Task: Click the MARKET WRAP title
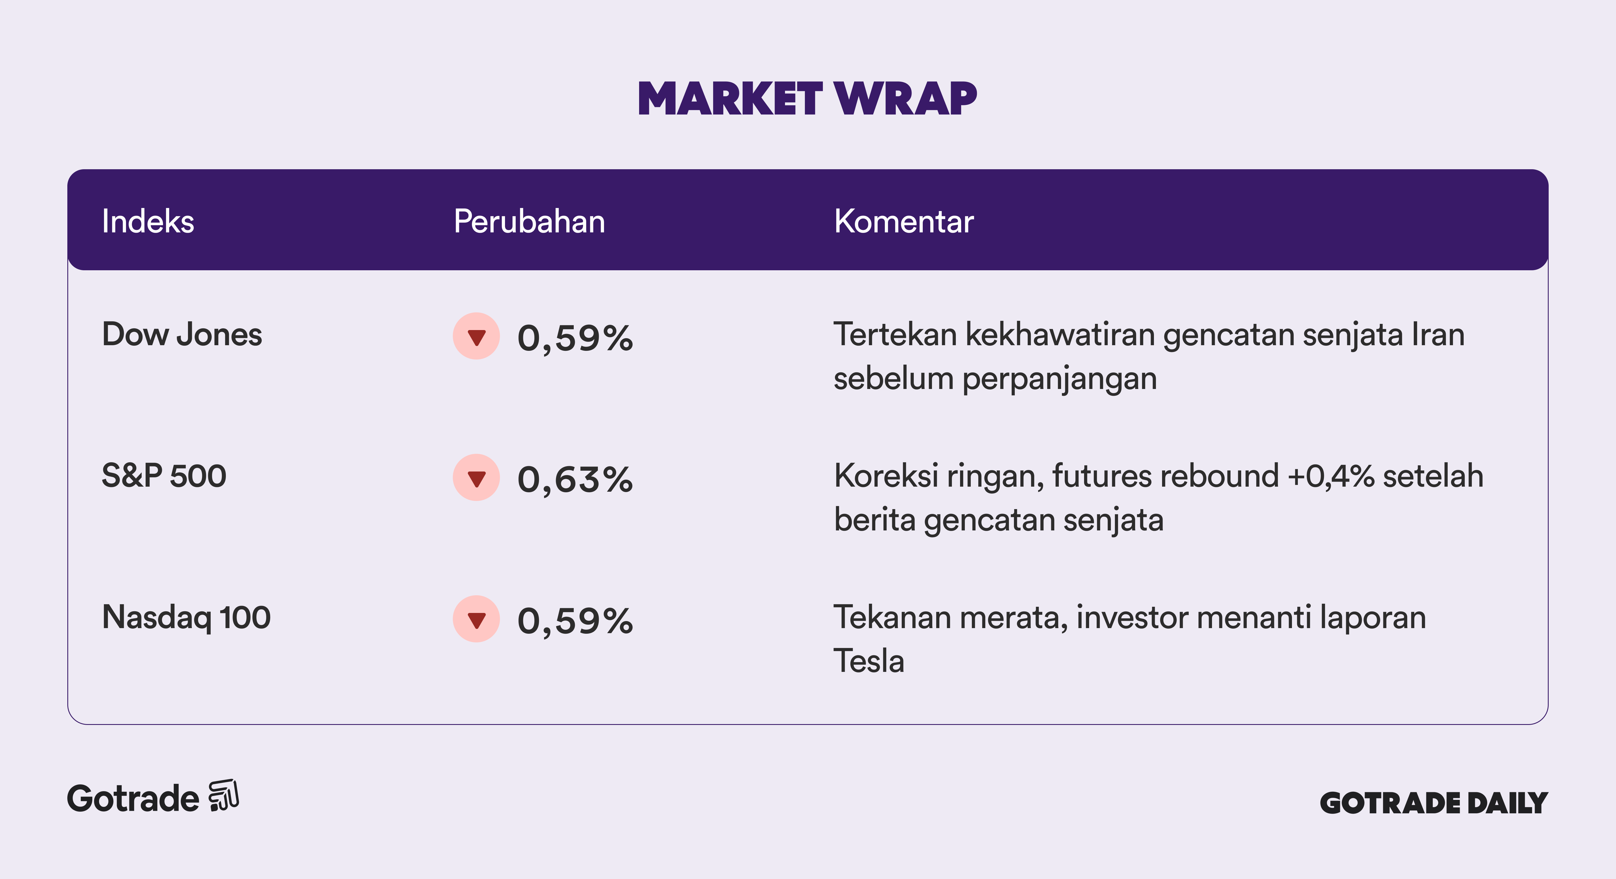pyautogui.click(x=807, y=99)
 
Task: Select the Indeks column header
pyautogui.click(x=148, y=221)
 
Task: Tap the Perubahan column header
pyautogui.click(x=529, y=221)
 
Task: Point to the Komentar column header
pyautogui.click(x=904, y=221)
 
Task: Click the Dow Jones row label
pyautogui.click(x=182, y=335)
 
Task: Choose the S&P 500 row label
pyautogui.click(x=164, y=476)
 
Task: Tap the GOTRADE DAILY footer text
pyautogui.click(x=1434, y=803)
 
